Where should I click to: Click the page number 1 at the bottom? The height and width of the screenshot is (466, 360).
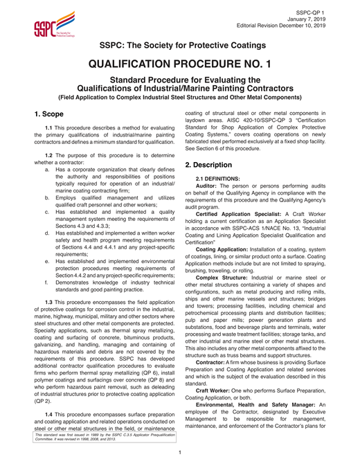pos(180,454)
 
